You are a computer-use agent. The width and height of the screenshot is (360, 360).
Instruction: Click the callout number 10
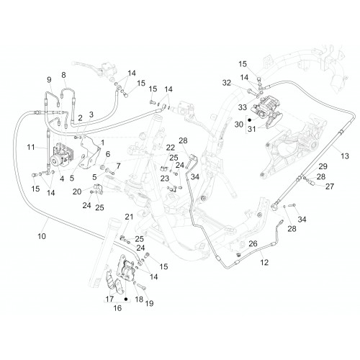point(42,236)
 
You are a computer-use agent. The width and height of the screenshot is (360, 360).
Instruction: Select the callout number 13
point(345,156)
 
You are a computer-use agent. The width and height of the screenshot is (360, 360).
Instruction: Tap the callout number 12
point(264,262)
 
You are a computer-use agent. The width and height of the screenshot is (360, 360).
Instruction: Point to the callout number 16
point(117,308)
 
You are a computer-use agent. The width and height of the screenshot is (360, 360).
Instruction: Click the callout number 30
point(239,125)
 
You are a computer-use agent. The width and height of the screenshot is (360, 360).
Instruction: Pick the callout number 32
point(227,83)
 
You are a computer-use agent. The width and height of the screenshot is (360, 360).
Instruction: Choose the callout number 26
point(253,243)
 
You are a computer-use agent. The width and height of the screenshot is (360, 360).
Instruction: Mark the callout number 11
point(31,147)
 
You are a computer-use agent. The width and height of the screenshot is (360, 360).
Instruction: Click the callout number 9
point(49,80)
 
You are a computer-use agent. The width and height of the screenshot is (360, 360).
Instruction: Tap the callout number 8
point(63,75)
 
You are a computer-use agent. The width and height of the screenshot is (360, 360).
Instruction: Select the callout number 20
point(77,192)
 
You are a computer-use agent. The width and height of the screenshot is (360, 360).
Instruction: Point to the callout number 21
point(129,217)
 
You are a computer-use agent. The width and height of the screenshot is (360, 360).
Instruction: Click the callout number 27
point(330,186)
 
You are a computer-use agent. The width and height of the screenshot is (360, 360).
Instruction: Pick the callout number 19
point(149,303)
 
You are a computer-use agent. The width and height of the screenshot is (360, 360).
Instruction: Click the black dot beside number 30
point(250,120)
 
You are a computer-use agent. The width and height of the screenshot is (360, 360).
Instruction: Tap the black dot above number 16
point(126,300)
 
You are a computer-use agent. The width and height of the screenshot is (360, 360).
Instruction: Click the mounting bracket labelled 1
point(89,153)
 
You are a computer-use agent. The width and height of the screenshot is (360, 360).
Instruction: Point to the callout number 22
point(171,148)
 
